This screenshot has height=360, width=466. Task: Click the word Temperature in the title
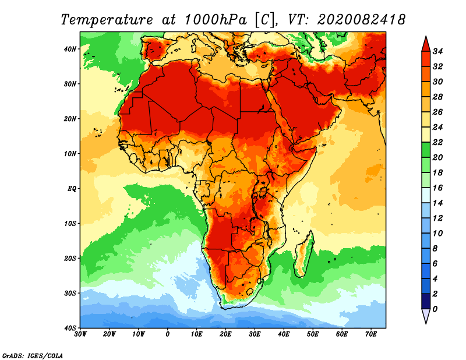point(107,20)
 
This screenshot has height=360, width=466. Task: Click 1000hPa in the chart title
point(216,20)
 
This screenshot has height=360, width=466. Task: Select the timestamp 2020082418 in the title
point(361,20)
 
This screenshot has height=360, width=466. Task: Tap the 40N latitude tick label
point(70,49)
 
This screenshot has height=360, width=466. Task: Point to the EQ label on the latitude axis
point(72,189)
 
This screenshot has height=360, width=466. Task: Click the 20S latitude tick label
point(70,259)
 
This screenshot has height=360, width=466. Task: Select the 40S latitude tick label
point(70,328)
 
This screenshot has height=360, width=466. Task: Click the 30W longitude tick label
point(80,334)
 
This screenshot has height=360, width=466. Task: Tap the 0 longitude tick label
point(167,334)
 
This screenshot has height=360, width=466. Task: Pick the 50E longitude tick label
point(313,334)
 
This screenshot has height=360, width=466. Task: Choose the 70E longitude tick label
point(370,334)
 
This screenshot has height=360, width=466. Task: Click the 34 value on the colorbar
point(437,51)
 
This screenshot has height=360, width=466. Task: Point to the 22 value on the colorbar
point(437,142)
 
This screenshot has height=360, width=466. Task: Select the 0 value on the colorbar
point(435,309)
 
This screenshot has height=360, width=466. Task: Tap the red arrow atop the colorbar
point(426,44)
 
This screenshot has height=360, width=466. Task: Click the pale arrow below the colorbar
point(426,316)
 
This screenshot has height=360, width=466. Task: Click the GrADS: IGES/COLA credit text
point(33,355)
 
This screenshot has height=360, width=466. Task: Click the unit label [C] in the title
point(264,20)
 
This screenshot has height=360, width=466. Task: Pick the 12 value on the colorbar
point(437,218)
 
